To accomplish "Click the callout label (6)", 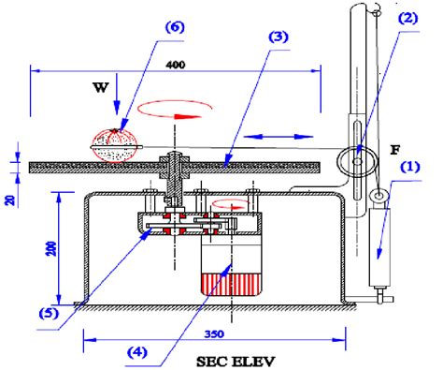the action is (x=175, y=27).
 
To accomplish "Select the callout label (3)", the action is (x=279, y=37).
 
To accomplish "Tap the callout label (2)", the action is (x=408, y=19).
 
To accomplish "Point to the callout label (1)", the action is (x=410, y=167).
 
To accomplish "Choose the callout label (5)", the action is (x=49, y=313).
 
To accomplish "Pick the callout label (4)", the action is (x=137, y=352).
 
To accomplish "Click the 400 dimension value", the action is (x=176, y=65).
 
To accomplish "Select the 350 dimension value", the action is (x=214, y=334).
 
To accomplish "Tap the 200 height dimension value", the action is (x=51, y=248).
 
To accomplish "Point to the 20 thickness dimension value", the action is (x=11, y=200).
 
